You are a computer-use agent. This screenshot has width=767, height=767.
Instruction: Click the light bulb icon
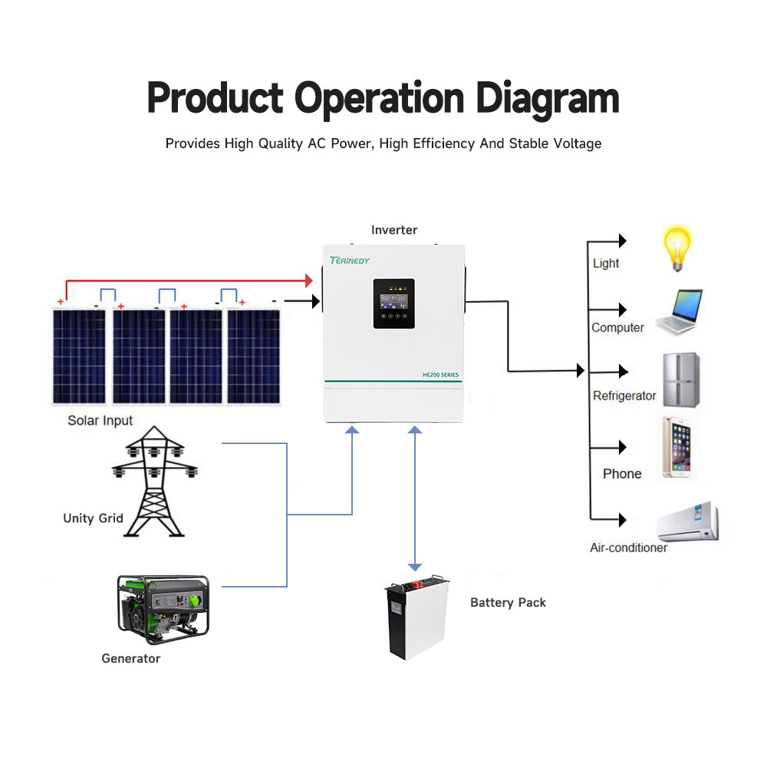pos(677,247)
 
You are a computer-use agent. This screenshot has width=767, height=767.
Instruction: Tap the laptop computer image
pos(680,311)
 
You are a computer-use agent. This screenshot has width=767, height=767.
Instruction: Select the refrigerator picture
pos(680,380)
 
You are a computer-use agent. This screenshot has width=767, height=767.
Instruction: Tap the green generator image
pos(163,609)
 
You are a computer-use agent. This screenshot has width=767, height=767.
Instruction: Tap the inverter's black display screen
pos(394,304)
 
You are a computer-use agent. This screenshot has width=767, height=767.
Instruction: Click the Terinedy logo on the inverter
pos(350,261)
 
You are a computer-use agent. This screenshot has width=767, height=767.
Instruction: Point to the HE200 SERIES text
pos(440,374)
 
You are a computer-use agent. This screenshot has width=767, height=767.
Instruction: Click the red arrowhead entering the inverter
pos(310,281)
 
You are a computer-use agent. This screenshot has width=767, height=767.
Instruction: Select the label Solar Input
pos(100,420)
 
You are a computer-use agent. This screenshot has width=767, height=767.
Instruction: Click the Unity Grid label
pos(93,518)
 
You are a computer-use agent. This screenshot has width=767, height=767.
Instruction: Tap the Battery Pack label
pos(508,603)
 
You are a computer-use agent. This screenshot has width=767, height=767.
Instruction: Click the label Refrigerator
pos(624,396)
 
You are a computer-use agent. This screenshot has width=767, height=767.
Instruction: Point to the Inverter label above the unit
pos(394,230)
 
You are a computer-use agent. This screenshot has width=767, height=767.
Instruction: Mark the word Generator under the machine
pos(131,658)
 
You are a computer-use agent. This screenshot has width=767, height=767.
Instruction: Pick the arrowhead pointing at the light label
pos(622,241)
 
